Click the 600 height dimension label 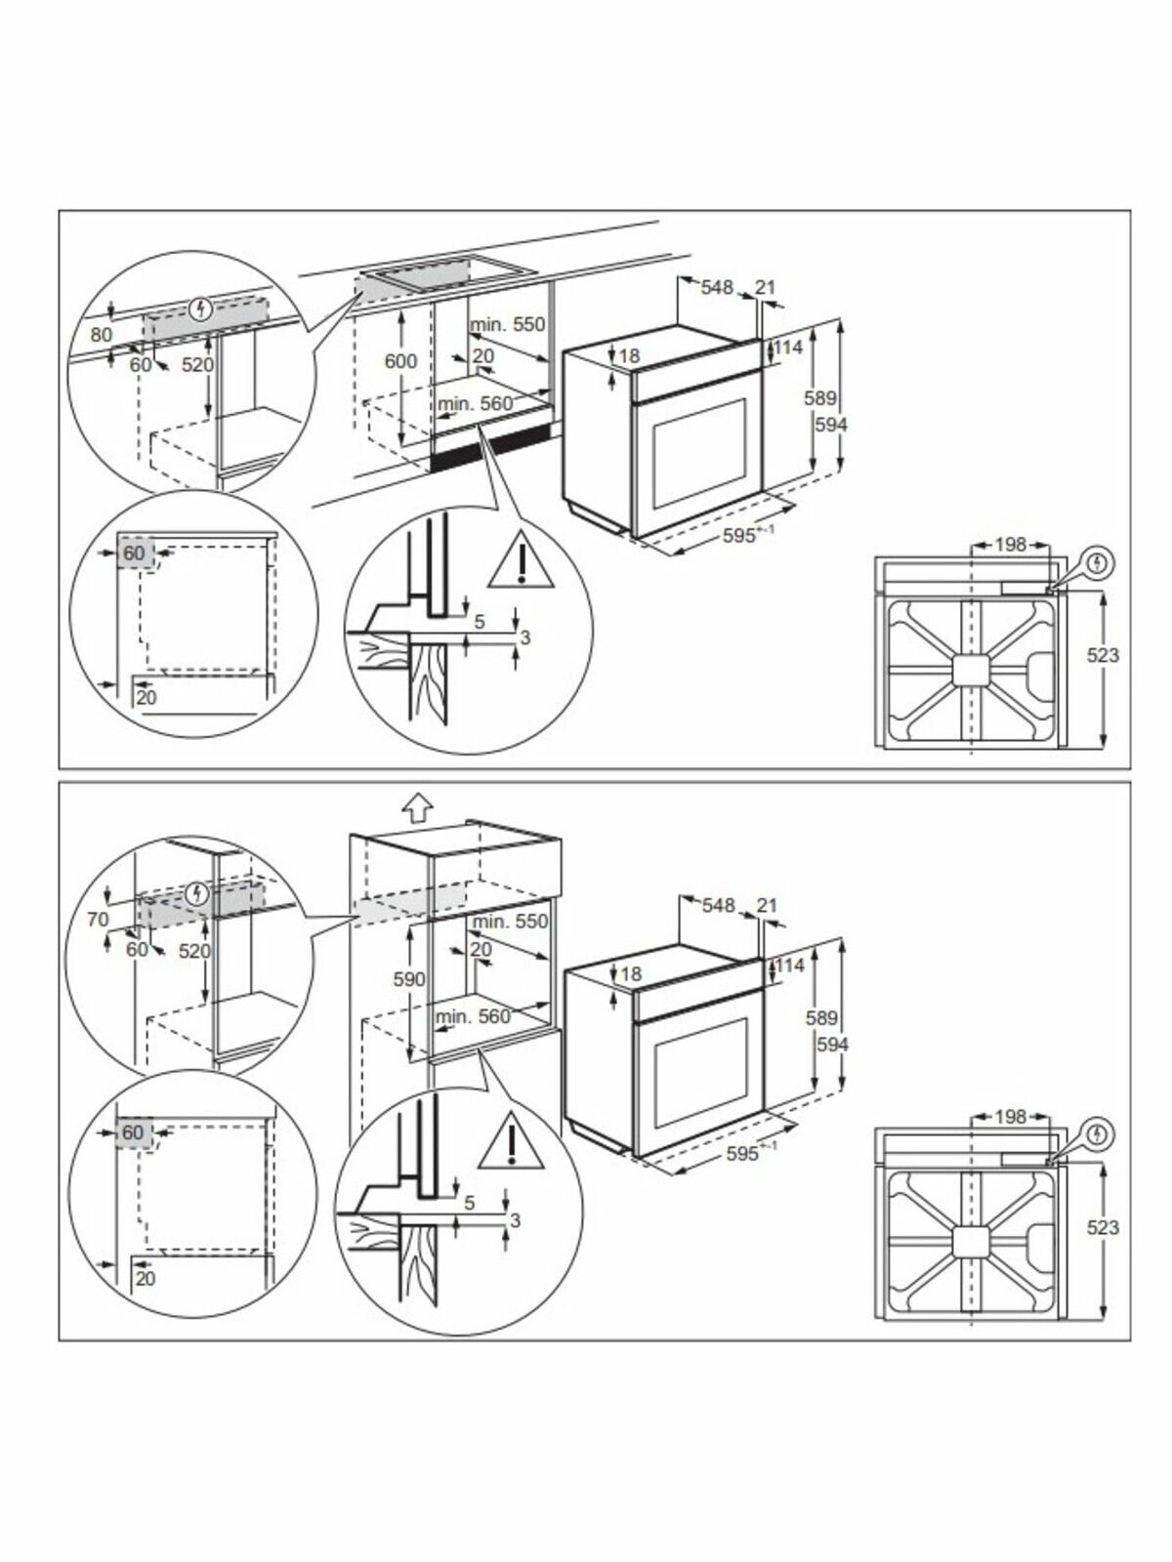(400, 361)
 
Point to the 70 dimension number (98, 919)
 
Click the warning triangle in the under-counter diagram (523, 564)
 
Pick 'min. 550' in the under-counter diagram (507, 324)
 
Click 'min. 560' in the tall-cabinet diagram (474, 1016)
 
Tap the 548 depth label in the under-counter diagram (717, 287)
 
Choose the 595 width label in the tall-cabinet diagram (744, 1154)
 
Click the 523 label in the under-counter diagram (1103, 655)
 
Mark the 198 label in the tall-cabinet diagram (1010, 1116)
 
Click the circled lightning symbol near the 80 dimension (202, 310)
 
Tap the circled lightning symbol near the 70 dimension (198, 892)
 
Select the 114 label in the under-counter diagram (789, 348)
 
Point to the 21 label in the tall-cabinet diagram (767, 906)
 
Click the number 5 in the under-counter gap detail (480, 620)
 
